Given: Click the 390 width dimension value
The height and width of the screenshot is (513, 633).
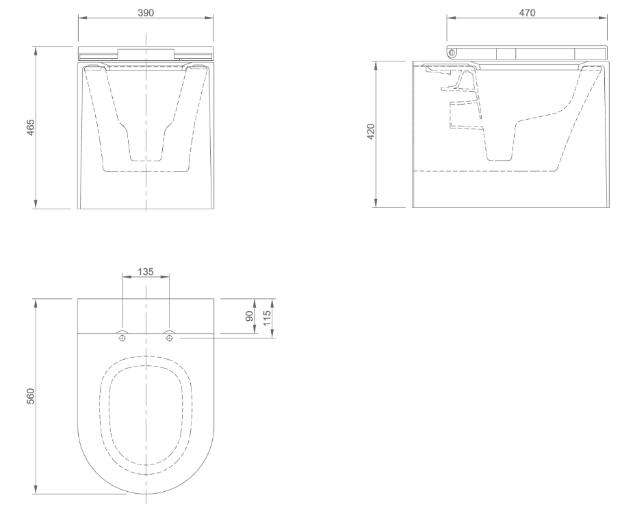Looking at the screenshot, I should pyautogui.click(x=145, y=12).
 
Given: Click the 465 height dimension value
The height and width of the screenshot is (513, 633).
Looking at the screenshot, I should pyautogui.click(x=31, y=128).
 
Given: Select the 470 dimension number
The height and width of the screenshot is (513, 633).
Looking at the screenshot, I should pyautogui.click(x=527, y=12).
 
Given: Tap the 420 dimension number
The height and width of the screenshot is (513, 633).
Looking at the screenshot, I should pyautogui.click(x=371, y=132).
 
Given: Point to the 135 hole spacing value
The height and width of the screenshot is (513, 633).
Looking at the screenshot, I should pyautogui.click(x=146, y=271).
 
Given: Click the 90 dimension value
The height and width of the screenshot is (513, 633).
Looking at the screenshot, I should pyautogui.click(x=250, y=315).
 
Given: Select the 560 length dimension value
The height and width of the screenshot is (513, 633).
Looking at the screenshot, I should pyautogui.click(x=31, y=396).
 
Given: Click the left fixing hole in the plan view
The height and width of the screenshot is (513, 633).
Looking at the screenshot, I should pyautogui.click(x=122, y=337).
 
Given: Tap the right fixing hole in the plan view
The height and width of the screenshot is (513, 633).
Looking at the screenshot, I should pyautogui.click(x=169, y=337).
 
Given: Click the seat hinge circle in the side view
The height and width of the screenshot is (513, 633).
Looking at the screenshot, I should pyautogui.click(x=452, y=52).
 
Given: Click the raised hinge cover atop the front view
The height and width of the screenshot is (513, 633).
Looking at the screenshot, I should pyautogui.click(x=145, y=53).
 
